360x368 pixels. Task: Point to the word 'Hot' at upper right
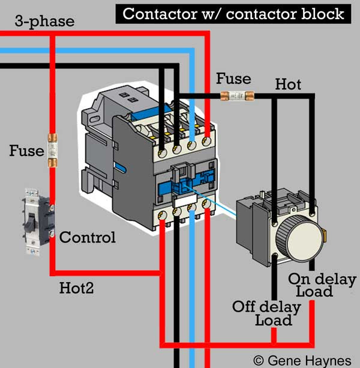(287, 85)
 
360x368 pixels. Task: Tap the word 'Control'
(87, 237)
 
